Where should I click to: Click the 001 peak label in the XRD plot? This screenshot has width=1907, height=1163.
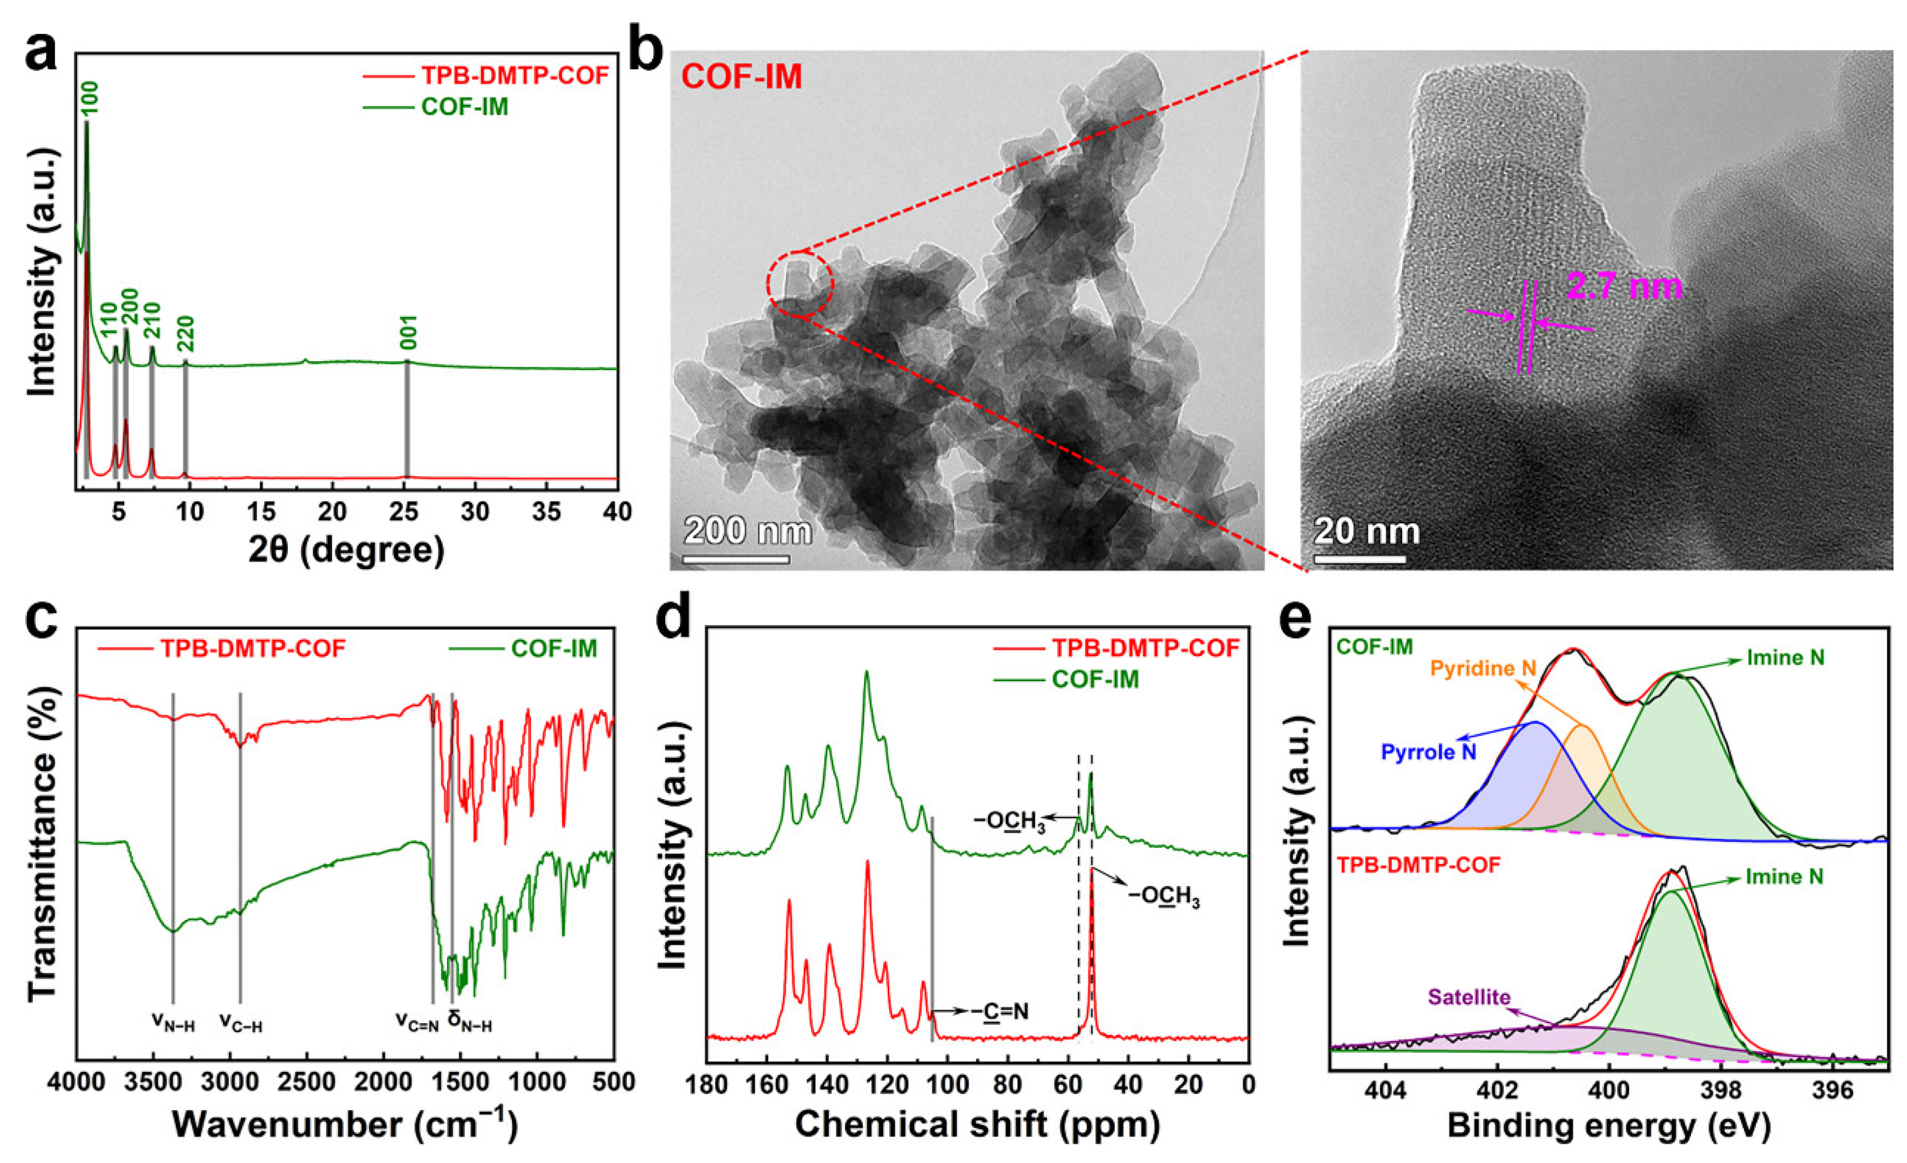coord(409,333)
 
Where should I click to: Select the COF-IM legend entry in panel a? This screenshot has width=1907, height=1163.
coord(464,107)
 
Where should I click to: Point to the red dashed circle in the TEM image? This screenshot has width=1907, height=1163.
coord(800,283)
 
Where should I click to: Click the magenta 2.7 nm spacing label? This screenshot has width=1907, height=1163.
coord(1624,287)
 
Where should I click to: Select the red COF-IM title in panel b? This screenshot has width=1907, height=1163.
coord(741,77)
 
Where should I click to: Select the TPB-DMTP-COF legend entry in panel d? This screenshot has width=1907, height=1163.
coord(1145,648)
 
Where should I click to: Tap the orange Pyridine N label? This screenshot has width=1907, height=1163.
coord(1483,668)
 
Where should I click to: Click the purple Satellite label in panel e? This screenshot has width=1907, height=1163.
coord(1469,997)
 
